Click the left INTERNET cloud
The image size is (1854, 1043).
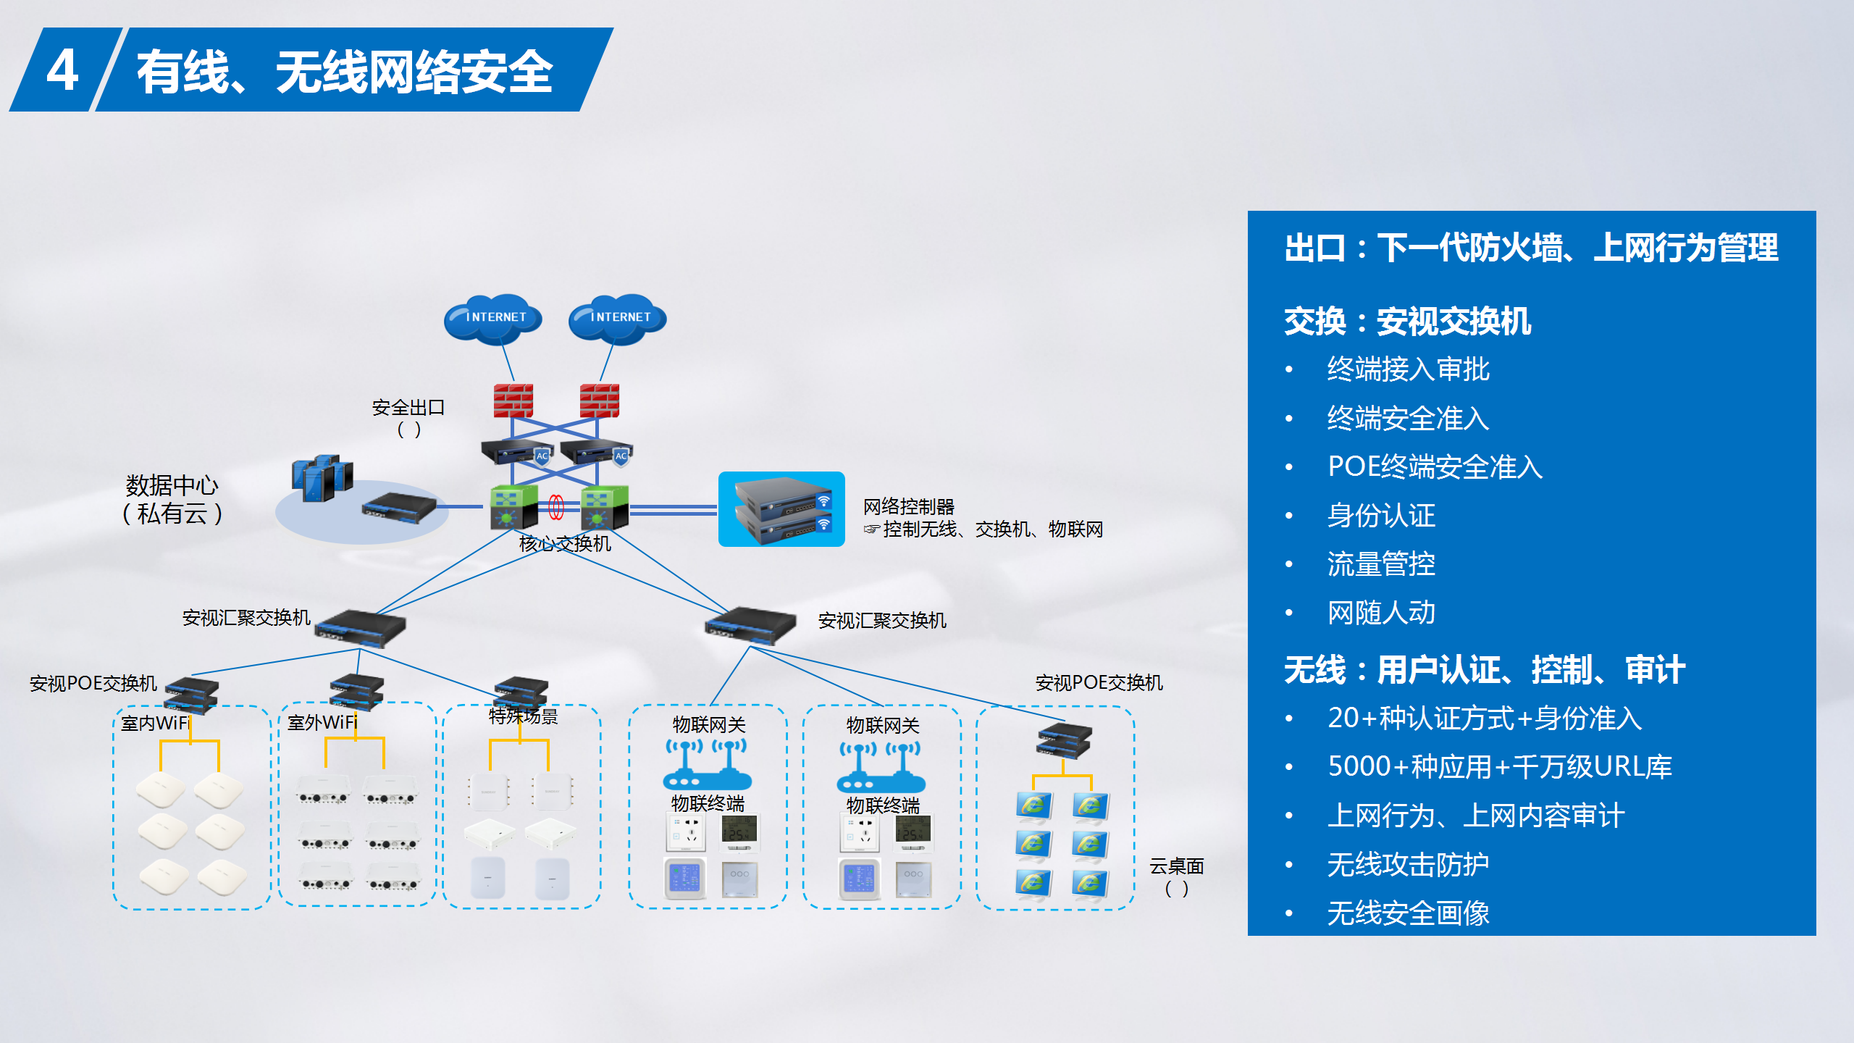tap(492, 319)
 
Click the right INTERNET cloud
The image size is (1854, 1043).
tap(617, 319)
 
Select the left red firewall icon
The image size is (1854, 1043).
tap(513, 401)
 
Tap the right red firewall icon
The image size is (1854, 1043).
tap(599, 401)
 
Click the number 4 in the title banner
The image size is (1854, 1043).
tap(62, 70)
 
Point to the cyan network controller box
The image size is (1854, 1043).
tap(781, 509)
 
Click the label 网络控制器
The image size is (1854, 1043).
tap(909, 506)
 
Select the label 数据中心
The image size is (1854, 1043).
tap(172, 485)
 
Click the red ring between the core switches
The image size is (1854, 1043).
tap(556, 507)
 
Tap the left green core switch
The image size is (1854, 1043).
tap(513, 506)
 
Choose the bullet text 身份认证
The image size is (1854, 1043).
tap(1381, 516)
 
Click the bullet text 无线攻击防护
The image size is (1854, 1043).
tap(1408, 864)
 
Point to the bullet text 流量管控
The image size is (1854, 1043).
tap(1381, 564)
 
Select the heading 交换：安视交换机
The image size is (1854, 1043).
tap(1408, 321)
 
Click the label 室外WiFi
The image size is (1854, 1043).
tap(322, 722)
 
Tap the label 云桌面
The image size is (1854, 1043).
tap(1177, 866)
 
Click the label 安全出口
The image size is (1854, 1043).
tap(408, 407)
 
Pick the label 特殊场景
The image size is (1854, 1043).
tap(523, 716)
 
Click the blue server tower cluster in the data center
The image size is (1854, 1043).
tap(322, 478)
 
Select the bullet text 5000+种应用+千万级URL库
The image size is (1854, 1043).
tap(1500, 766)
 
